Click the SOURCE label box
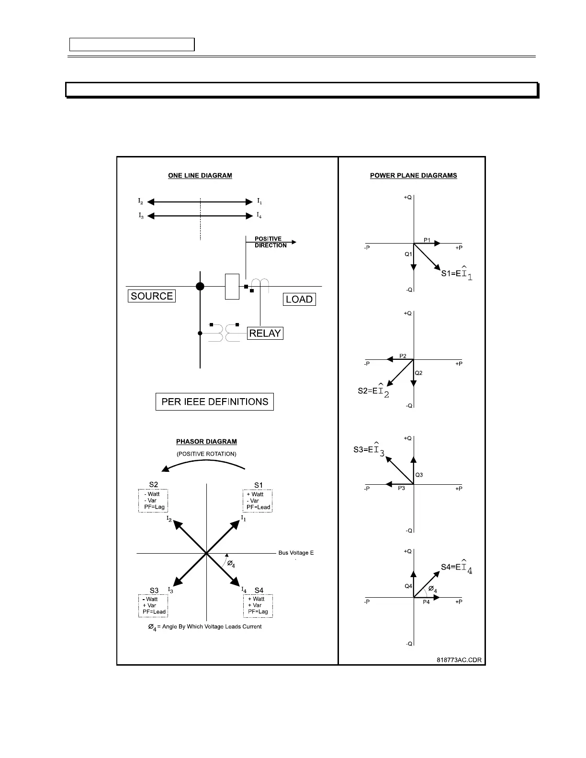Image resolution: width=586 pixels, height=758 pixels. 152,296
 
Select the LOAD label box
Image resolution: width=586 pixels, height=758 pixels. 299,300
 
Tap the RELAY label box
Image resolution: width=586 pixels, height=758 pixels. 265,334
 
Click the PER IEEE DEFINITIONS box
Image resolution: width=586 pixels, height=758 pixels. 214,402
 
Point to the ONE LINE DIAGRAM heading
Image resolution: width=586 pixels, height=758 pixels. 200,176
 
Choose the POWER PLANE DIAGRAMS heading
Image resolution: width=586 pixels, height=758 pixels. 413,176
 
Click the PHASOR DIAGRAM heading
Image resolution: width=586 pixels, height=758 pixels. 206,442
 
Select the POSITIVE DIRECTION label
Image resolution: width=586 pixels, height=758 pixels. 270,242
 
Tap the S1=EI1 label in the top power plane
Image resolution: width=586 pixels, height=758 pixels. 456,274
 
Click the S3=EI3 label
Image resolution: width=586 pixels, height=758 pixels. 369,450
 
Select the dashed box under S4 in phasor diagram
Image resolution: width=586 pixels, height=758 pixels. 258,606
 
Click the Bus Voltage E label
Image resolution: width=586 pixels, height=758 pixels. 296,553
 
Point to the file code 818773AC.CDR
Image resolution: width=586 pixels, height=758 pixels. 459,660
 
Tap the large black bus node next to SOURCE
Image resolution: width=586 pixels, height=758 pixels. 200,287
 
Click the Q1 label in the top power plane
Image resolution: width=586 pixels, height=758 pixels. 408,255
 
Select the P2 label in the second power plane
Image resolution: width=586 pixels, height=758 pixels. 403,356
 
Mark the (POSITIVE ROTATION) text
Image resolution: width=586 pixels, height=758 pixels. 206,454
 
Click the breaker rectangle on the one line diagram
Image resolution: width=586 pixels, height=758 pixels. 232,287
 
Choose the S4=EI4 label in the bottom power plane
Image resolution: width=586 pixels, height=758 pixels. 456,568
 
